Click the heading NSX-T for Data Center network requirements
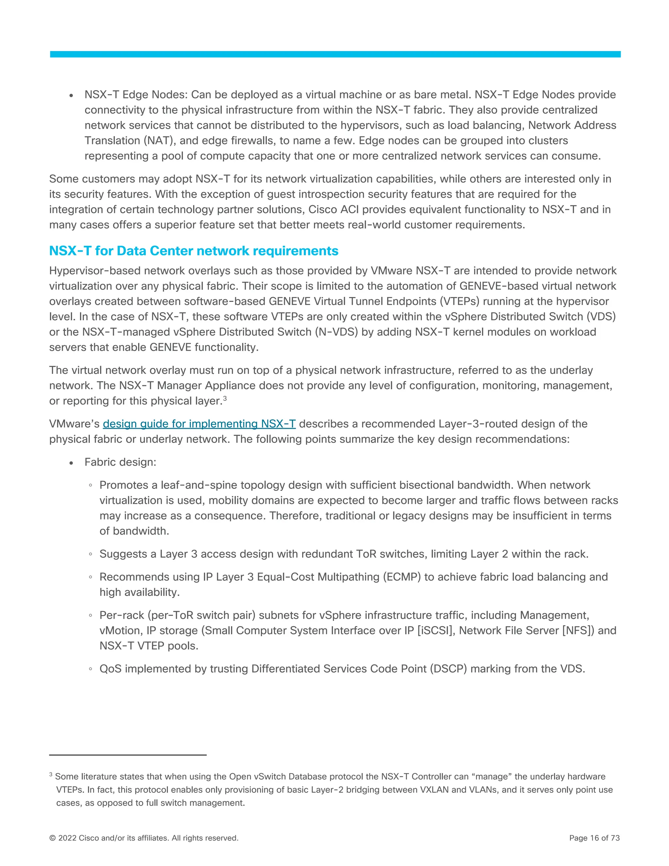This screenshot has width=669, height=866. [x=193, y=251]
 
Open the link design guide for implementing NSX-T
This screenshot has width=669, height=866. [x=199, y=424]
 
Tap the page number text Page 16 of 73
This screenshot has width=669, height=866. [x=594, y=838]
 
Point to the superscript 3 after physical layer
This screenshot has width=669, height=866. [x=225, y=398]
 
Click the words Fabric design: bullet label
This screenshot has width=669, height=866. [x=120, y=462]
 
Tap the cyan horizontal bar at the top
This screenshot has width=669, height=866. [x=335, y=54]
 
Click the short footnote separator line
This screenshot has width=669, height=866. [x=128, y=755]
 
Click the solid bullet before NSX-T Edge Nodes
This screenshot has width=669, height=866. [x=71, y=95]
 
